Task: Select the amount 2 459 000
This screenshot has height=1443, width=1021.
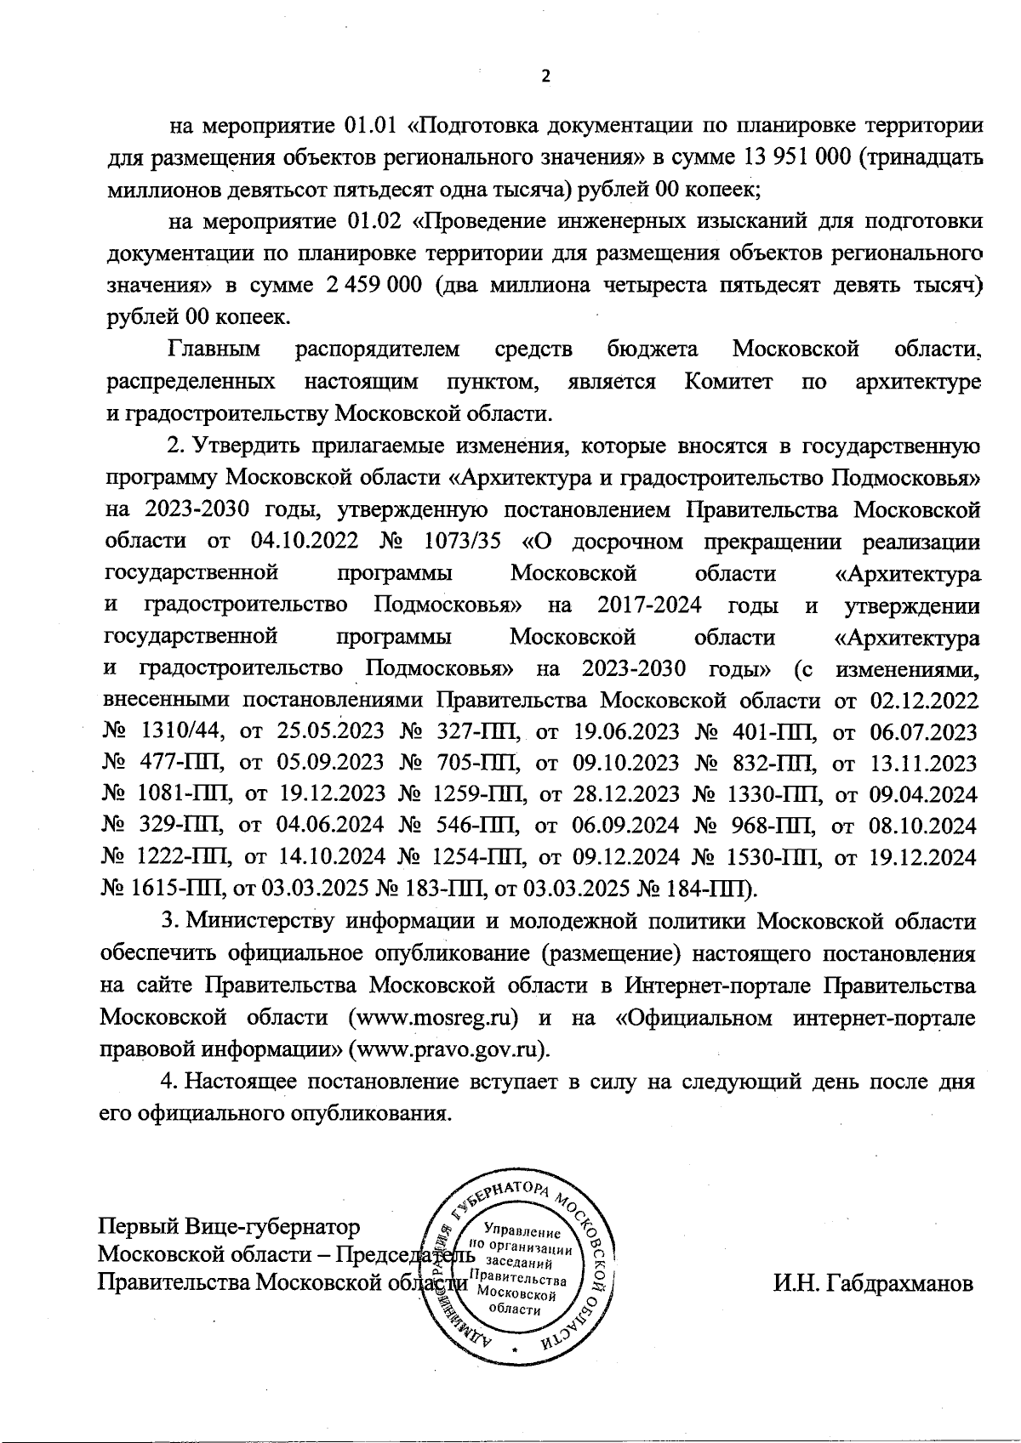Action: (x=374, y=285)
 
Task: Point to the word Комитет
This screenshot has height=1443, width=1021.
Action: (x=727, y=381)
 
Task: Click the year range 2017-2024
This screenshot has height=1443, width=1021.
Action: (x=649, y=605)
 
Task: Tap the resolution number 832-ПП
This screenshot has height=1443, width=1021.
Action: (x=770, y=763)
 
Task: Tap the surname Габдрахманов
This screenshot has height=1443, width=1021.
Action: (x=873, y=1283)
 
